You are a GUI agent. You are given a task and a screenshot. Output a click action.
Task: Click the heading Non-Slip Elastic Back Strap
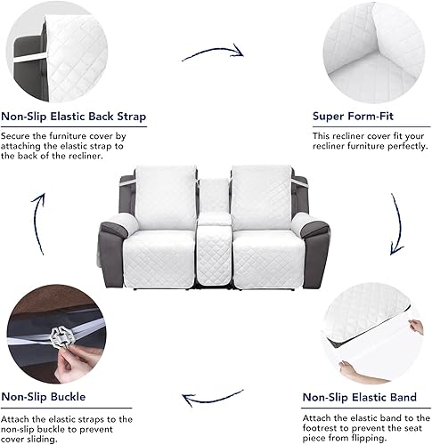[x=74, y=116]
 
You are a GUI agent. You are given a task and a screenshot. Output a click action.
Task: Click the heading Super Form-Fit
[x=353, y=116]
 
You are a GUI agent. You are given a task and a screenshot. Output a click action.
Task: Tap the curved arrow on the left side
[x=37, y=222]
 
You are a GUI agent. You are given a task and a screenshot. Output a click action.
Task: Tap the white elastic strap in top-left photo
[x=27, y=60]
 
